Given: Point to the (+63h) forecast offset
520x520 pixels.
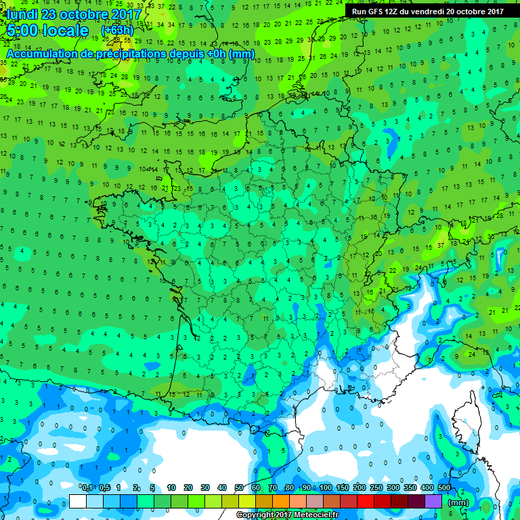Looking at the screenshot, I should (x=117, y=30).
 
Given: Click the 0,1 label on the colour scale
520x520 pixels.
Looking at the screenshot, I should (x=87, y=487).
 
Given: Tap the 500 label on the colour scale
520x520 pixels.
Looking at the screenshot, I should (x=444, y=487).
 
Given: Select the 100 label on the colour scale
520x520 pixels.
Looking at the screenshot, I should (x=326, y=487).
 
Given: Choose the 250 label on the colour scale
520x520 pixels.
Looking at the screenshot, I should (x=376, y=487).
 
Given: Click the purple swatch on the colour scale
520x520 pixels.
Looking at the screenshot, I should (x=433, y=501).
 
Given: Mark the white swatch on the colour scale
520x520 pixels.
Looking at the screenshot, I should (x=78, y=501).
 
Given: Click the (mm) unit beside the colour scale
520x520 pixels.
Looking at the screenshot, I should (x=458, y=502).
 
